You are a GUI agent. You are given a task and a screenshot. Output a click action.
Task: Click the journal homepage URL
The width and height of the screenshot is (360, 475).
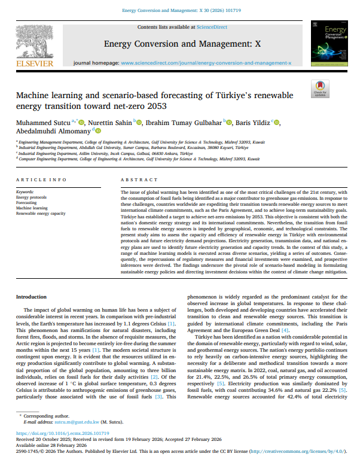pos(206,62)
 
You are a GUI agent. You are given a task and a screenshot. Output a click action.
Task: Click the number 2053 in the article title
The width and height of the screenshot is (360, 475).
pos(157,106)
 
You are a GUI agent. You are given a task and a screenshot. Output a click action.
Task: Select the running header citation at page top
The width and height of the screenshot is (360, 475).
pos(179,11)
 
